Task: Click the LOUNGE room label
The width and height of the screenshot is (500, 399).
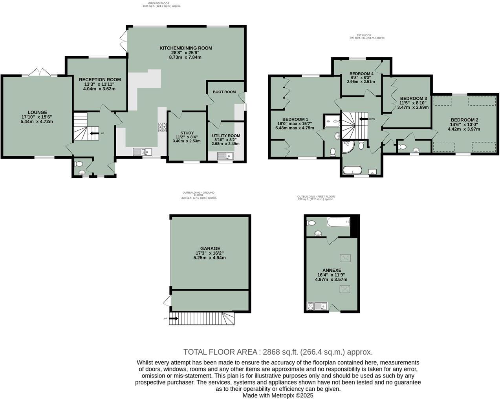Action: pyautogui.click(x=37, y=112)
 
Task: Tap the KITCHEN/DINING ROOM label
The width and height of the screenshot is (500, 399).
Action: pyautogui.click(x=185, y=48)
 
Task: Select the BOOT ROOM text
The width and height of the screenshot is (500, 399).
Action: pyautogui.click(x=224, y=92)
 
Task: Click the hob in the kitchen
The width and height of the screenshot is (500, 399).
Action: pyautogui.click(x=163, y=127)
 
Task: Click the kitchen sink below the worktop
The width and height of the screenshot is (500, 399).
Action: pyautogui.click(x=142, y=151)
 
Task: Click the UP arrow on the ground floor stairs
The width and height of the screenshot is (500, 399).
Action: pyautogui.click(x=94, y=134)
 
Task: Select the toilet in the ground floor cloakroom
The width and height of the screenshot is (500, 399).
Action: pyautogui.click(x=79, y=164)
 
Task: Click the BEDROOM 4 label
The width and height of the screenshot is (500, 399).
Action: pyautogui.click(x=361, y=73)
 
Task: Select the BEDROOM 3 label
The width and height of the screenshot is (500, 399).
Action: pyautogui.click(x=413, y=98)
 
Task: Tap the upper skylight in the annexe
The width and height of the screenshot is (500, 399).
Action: pyautogui.click(x=344, y=258)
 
